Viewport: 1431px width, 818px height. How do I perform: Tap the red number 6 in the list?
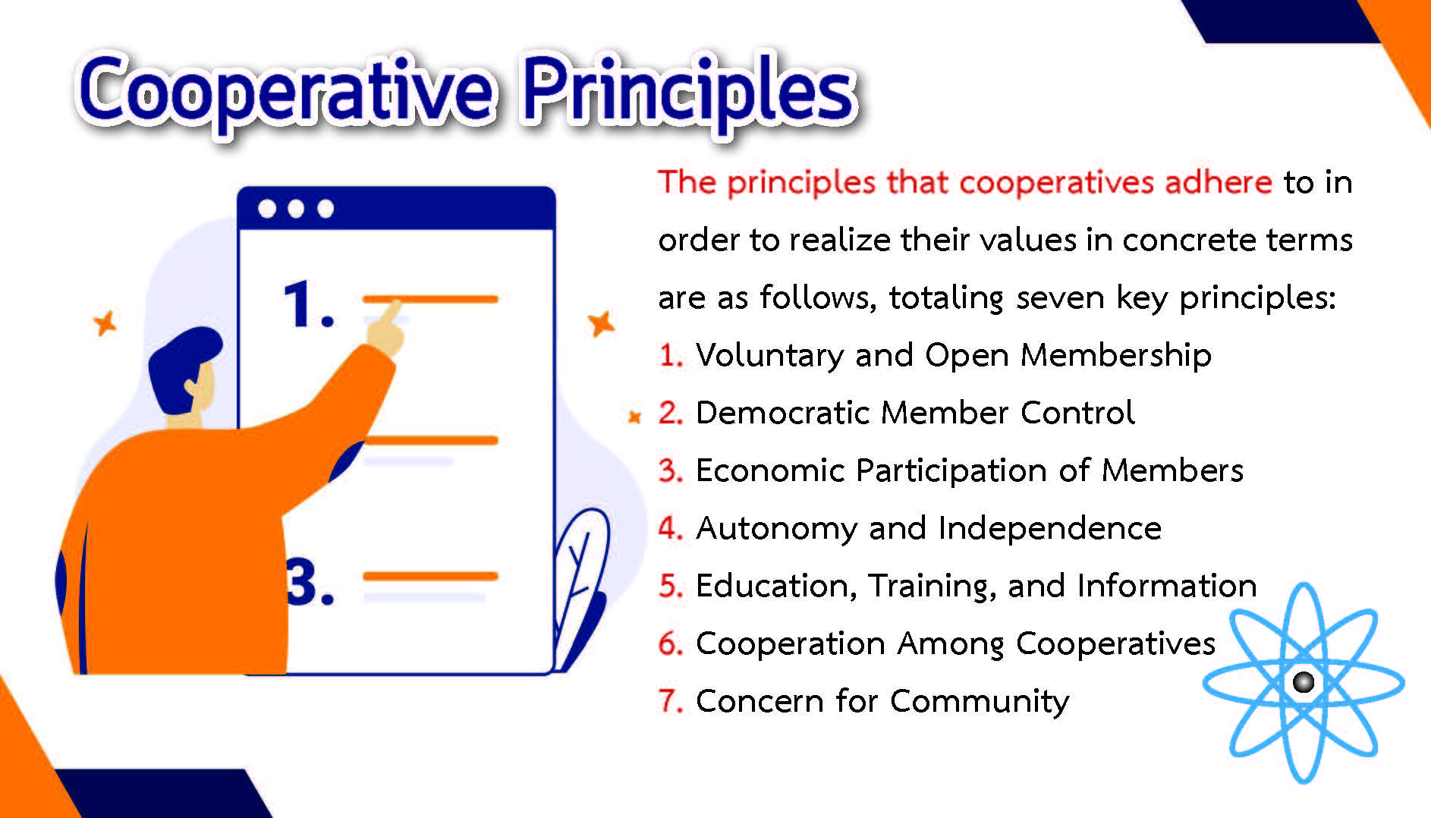tap(671, 643)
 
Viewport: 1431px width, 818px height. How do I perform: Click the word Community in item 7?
tap(980, 702)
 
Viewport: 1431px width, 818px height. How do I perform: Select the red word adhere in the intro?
tap(1218, 182)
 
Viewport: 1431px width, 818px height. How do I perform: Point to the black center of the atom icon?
tap(1304, 682)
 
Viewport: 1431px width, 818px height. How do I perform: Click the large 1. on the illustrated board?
tap(307, 304)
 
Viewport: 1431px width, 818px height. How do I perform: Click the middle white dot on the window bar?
tap(296, 209)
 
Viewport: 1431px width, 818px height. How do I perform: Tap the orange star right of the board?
tap(601, 324)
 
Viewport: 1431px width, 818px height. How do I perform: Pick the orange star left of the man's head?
tap(105, 323)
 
